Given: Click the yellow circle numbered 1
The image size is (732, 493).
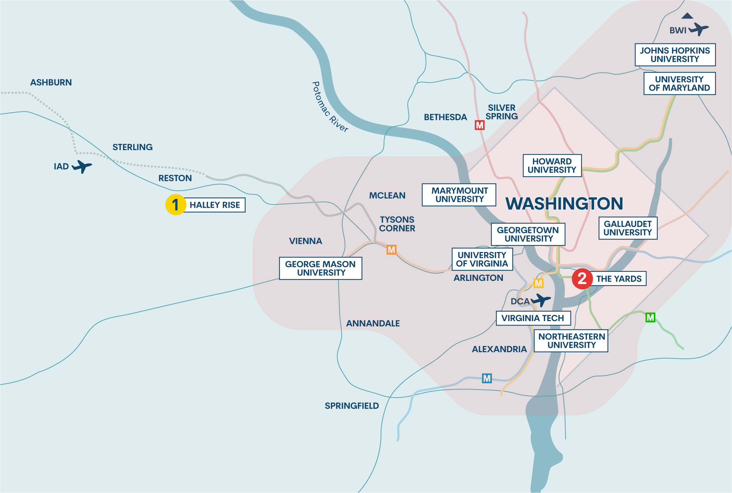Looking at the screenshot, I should click(x=176, y=205).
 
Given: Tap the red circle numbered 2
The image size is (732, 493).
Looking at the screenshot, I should click(x=582, y=279).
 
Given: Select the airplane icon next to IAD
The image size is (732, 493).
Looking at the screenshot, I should click(x=82, y=166).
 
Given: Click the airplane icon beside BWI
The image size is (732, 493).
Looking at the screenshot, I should click(x=699, y=29).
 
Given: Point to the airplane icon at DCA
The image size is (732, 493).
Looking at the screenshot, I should click(x=541, y=300).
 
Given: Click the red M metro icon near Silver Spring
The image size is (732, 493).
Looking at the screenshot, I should click(x=479, y=125).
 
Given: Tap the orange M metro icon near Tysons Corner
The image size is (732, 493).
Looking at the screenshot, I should click(x=391, y=250).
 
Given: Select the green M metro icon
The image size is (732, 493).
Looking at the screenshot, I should click(x=650, y=317).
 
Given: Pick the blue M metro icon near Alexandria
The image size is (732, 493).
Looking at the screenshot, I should click(x=486, y=378).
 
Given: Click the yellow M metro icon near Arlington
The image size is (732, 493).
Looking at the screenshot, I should click(x=538, y=283).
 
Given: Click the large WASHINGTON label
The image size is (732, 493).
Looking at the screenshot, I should click(x=564, y=204).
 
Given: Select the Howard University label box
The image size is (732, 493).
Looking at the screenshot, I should click(x=552, y=166).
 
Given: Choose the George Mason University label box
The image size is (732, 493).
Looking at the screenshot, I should click(x=321, y=268).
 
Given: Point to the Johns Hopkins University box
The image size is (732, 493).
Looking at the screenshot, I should click(x=675, y=55).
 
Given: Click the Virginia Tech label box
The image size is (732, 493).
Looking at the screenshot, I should click(x=533, y=318).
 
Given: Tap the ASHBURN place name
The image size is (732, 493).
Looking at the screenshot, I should click(x=51, y=83).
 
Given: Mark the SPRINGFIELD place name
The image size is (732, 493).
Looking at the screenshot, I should click(x=352, y=406).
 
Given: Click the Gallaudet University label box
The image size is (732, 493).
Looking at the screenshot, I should click(x=628, y=228).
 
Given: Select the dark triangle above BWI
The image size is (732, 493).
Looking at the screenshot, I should click(x=687, y=16).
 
